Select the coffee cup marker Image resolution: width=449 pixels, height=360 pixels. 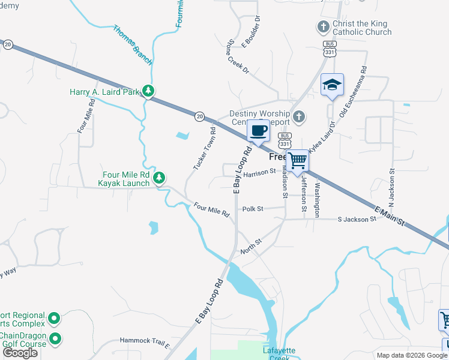[258, 131]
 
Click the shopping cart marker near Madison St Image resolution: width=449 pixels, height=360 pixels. [297, 160]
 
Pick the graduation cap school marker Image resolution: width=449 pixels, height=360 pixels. [331, 85]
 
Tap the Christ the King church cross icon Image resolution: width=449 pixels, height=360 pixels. [323, 26]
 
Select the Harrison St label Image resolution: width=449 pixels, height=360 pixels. [259, 172]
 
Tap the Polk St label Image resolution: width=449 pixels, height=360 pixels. [253, 209]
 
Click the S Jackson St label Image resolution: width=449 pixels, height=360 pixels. [357, 219]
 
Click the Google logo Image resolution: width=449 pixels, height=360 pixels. [20, 353]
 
